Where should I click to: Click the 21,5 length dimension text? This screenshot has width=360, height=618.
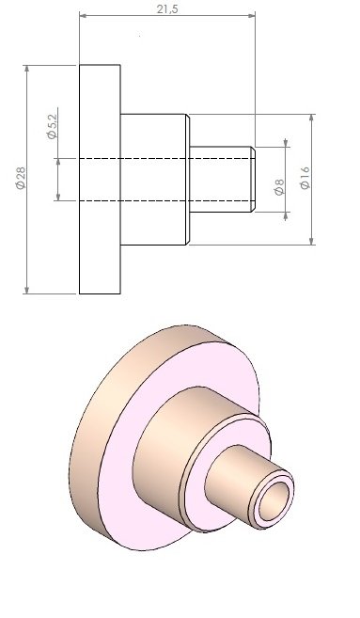[x=167, y=8]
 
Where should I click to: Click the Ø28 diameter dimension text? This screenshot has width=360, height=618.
[x=21, y=178]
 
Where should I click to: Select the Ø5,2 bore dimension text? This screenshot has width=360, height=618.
[x=52, y=127]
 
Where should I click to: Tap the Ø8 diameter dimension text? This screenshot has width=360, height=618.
[x=279, y=187]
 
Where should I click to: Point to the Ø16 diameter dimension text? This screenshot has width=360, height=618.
[x=305, y=179]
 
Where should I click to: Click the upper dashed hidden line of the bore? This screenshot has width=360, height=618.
[x=165, y=158]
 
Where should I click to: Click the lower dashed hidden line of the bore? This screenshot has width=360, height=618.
[x=165, y=200]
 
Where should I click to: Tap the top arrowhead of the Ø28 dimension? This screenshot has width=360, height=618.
[x=26, y=69]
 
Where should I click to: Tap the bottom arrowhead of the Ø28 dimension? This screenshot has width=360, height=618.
[x=26, y=290]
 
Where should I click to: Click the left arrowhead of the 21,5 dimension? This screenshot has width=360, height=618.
[x=84, y=16]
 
